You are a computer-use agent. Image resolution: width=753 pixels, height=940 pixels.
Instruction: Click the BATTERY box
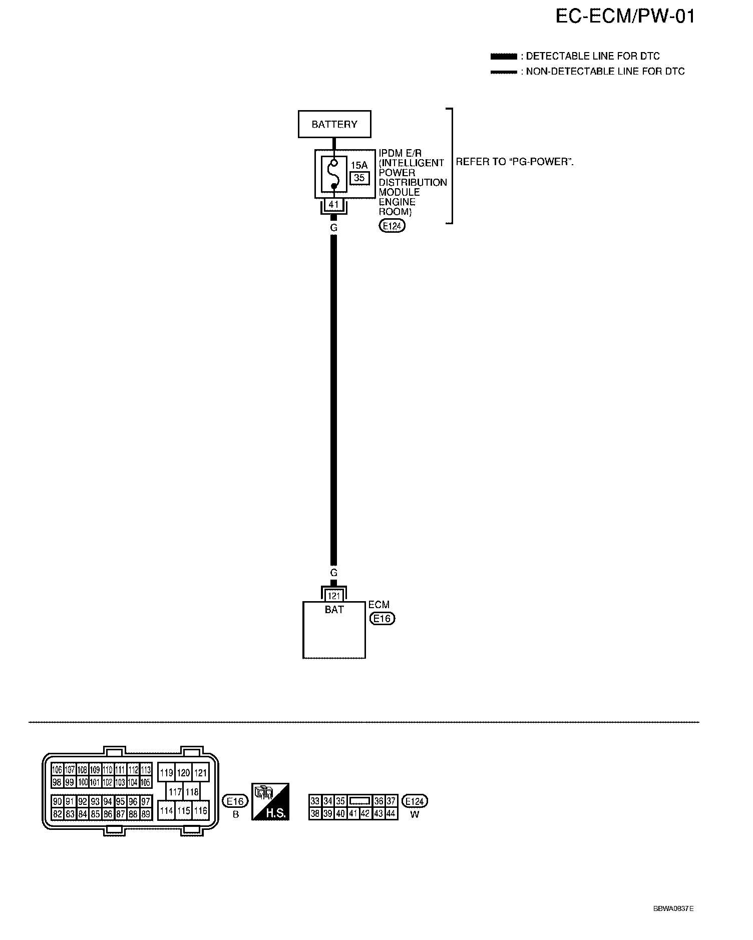334,124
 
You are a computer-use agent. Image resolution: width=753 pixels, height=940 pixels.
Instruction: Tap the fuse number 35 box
359,178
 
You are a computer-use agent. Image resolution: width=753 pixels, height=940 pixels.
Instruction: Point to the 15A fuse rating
358,165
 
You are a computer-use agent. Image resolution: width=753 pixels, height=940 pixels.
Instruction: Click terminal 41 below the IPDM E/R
334,205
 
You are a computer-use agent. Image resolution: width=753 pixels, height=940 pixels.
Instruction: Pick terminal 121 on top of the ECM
334,596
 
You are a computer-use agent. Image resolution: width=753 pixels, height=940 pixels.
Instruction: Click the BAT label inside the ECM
334,610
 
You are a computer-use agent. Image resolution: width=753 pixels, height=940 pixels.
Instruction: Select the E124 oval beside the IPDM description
392,226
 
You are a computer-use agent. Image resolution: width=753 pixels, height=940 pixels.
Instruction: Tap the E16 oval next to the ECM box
382,619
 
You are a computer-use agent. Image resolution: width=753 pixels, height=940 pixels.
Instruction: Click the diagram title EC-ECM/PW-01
625,17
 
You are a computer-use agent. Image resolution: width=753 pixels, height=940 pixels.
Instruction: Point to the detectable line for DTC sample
503,56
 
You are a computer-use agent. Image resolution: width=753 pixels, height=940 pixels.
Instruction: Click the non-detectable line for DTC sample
503,72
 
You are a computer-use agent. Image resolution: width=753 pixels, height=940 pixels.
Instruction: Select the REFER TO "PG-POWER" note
514,162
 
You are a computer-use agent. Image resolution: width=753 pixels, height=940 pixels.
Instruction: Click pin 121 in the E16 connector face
200,773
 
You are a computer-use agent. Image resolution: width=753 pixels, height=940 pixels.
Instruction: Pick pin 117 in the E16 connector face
175,792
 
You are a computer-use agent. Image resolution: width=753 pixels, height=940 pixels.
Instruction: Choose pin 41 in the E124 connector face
353,814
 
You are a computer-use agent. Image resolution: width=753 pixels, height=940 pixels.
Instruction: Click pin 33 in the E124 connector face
315,801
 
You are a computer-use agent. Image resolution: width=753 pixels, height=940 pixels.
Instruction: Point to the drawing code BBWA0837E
673,908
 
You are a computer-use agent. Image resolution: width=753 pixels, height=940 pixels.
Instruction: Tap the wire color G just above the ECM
334,573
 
